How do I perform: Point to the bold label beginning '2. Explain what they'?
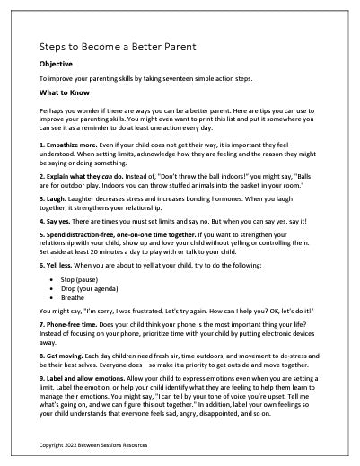(x=87, y=177)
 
